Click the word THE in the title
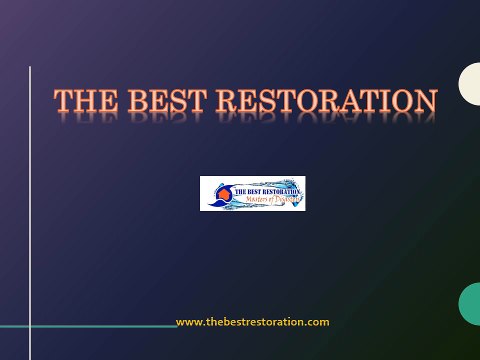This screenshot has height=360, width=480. point(82,101)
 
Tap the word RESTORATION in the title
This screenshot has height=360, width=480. point(327,101)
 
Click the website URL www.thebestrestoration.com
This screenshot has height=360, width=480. point(252,322)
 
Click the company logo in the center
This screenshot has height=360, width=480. point(252,193)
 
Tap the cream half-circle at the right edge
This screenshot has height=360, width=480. point(470,84)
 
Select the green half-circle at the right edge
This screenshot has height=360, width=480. point(470,303)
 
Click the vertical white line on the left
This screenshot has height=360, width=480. point(30,200)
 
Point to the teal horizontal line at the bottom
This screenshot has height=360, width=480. point(100,327)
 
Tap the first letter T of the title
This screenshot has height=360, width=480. point(63,101)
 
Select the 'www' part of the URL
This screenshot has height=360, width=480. point(188,322)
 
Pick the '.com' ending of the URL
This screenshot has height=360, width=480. point(318,322)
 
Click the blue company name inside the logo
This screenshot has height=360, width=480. point(266,187)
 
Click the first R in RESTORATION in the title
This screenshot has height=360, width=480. point(228,101)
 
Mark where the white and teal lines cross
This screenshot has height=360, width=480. point(30,327)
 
